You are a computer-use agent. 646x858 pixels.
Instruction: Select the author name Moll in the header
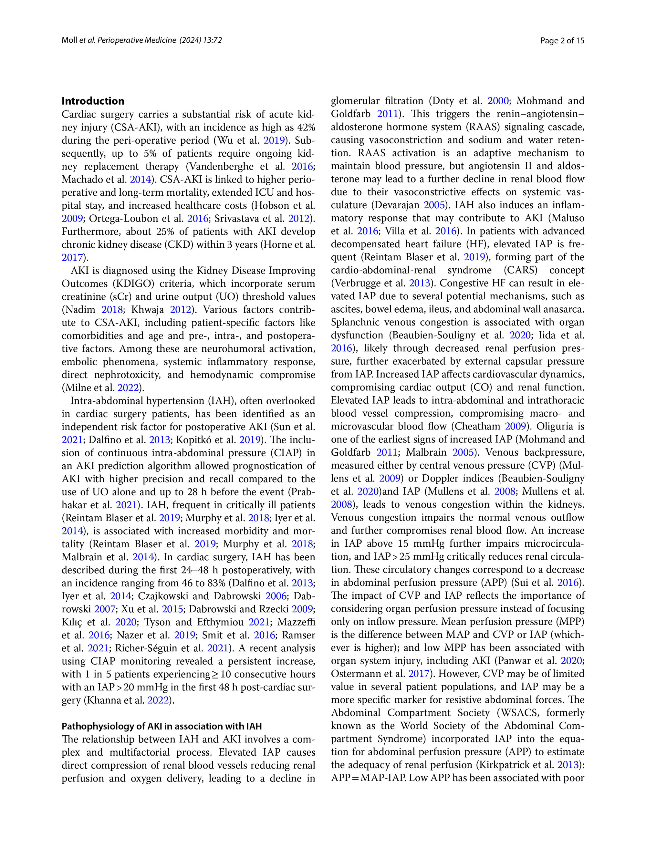tap(69, 40)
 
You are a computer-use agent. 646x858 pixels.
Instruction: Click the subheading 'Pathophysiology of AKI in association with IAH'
tap(161, 726)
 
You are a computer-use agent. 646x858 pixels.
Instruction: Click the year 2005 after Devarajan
tap(434, 205)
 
